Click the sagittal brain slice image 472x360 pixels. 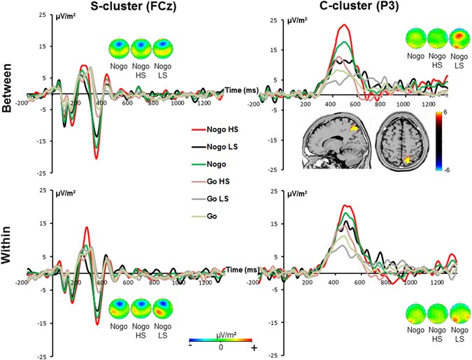coord(334,143)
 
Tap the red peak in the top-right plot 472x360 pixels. coord(343,25)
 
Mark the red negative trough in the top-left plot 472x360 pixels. coord(96,158)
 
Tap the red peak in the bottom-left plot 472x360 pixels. coord(86,227)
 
